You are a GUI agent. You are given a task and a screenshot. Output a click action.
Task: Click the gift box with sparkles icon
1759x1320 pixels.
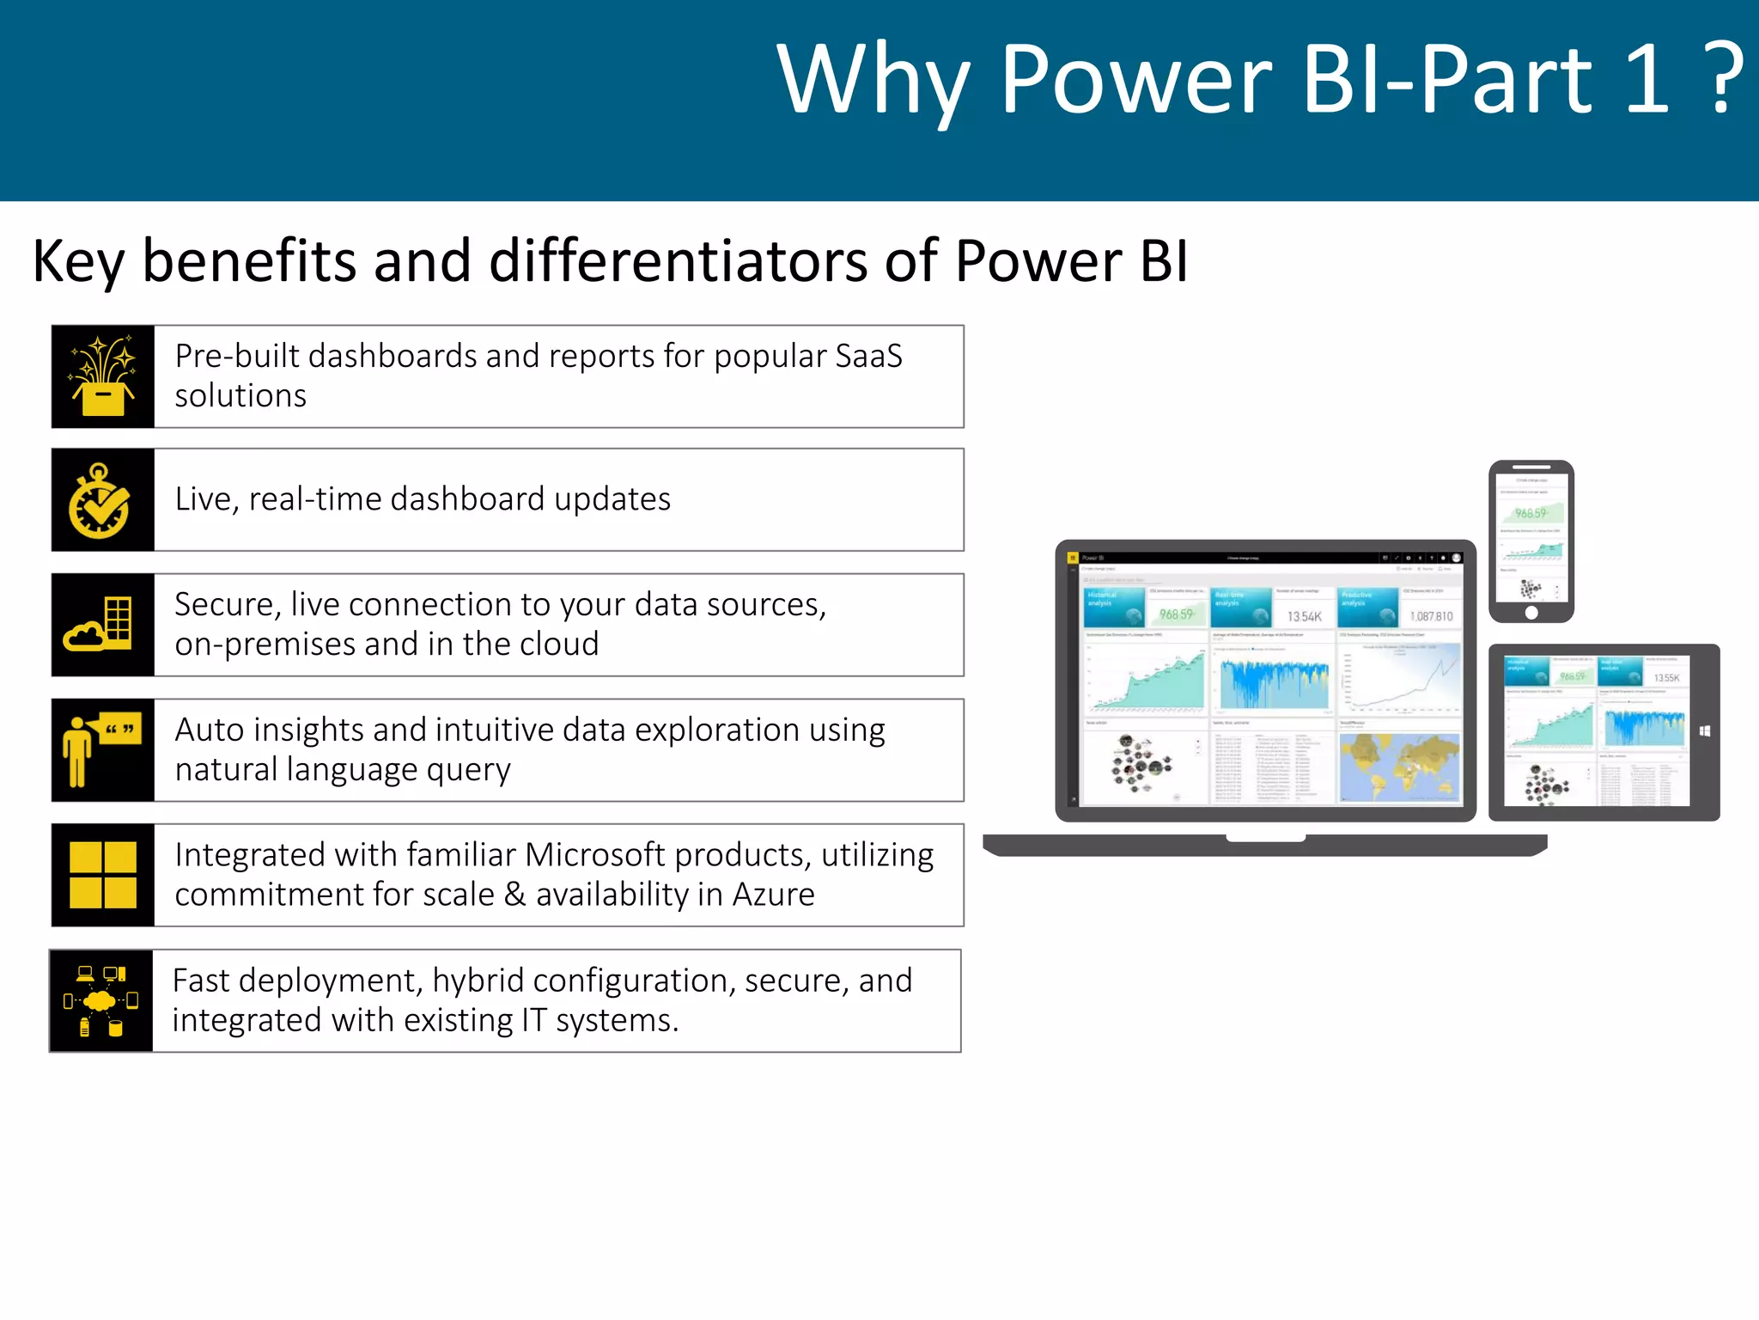coord(103,377)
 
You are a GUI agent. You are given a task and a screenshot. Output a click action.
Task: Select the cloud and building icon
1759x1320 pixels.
coord(100,625)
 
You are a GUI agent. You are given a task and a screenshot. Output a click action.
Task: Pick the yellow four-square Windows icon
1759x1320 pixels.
coord(103,875)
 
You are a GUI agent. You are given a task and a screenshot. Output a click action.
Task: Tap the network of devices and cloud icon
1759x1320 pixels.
coord(100,1001)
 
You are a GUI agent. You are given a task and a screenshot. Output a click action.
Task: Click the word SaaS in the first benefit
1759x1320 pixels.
coord(868,356)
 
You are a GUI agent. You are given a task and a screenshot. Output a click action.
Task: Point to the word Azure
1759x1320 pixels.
coord(773,895)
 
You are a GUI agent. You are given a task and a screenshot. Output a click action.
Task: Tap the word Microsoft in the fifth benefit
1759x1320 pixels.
coord(594,855)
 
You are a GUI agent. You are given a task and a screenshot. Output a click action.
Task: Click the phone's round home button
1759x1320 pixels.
coord(1531,613)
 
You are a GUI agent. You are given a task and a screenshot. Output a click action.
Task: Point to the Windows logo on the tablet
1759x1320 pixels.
coord(1705,731)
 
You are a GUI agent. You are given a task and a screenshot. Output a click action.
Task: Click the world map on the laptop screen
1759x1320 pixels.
coord(1400,767)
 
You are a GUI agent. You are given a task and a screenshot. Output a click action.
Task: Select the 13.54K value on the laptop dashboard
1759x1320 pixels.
coord(1304,616)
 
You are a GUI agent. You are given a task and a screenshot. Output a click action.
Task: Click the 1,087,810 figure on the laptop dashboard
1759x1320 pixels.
coord(1431,616)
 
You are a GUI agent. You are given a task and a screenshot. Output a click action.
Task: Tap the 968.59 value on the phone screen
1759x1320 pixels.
coord(1531,513)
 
